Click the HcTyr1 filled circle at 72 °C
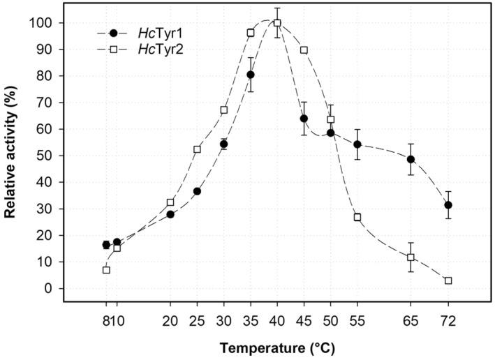coord(448,205)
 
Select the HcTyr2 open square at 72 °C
coord(448,280)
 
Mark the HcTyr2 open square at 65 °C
coord(411,257)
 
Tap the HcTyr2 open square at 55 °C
coord(357,217)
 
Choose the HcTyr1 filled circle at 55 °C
coord(357,144)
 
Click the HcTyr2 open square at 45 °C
coord(304,50)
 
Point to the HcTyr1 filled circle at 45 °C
coord(304,119)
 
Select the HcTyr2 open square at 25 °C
coord(197,149)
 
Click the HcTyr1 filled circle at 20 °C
coord(170,214)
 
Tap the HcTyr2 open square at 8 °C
coord(106,270)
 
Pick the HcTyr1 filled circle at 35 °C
coord(251,75)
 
